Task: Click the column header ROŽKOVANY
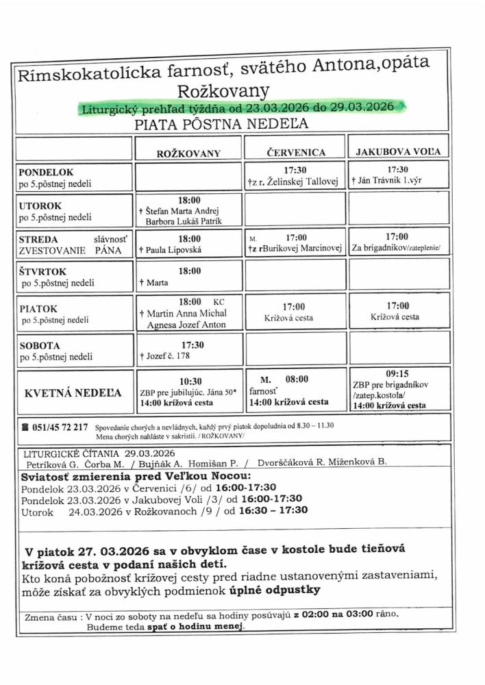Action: (x=188, y=153)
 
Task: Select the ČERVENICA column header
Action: (x=296, y=152)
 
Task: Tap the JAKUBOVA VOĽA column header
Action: (x=397, y=151)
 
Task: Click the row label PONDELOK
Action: (x=46, y=172)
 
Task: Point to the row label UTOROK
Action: (x=40, y=205)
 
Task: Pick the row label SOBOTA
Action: (x=40, y=345)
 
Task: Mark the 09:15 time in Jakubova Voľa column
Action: (x=397, y=374)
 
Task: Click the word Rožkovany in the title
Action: (x=223, y=90)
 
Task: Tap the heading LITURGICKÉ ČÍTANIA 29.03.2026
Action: (x=99, y=453)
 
